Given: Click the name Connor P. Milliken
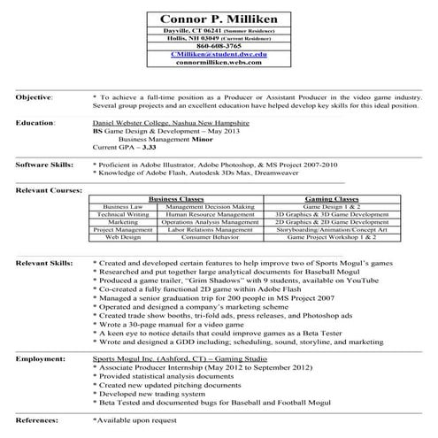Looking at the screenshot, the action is click(x=218, y=19).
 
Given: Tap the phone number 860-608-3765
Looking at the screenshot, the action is click(x=218, y=46).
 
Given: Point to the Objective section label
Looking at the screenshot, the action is click(x=35, y=95).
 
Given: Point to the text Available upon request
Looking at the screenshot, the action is click(x=134, y=422).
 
